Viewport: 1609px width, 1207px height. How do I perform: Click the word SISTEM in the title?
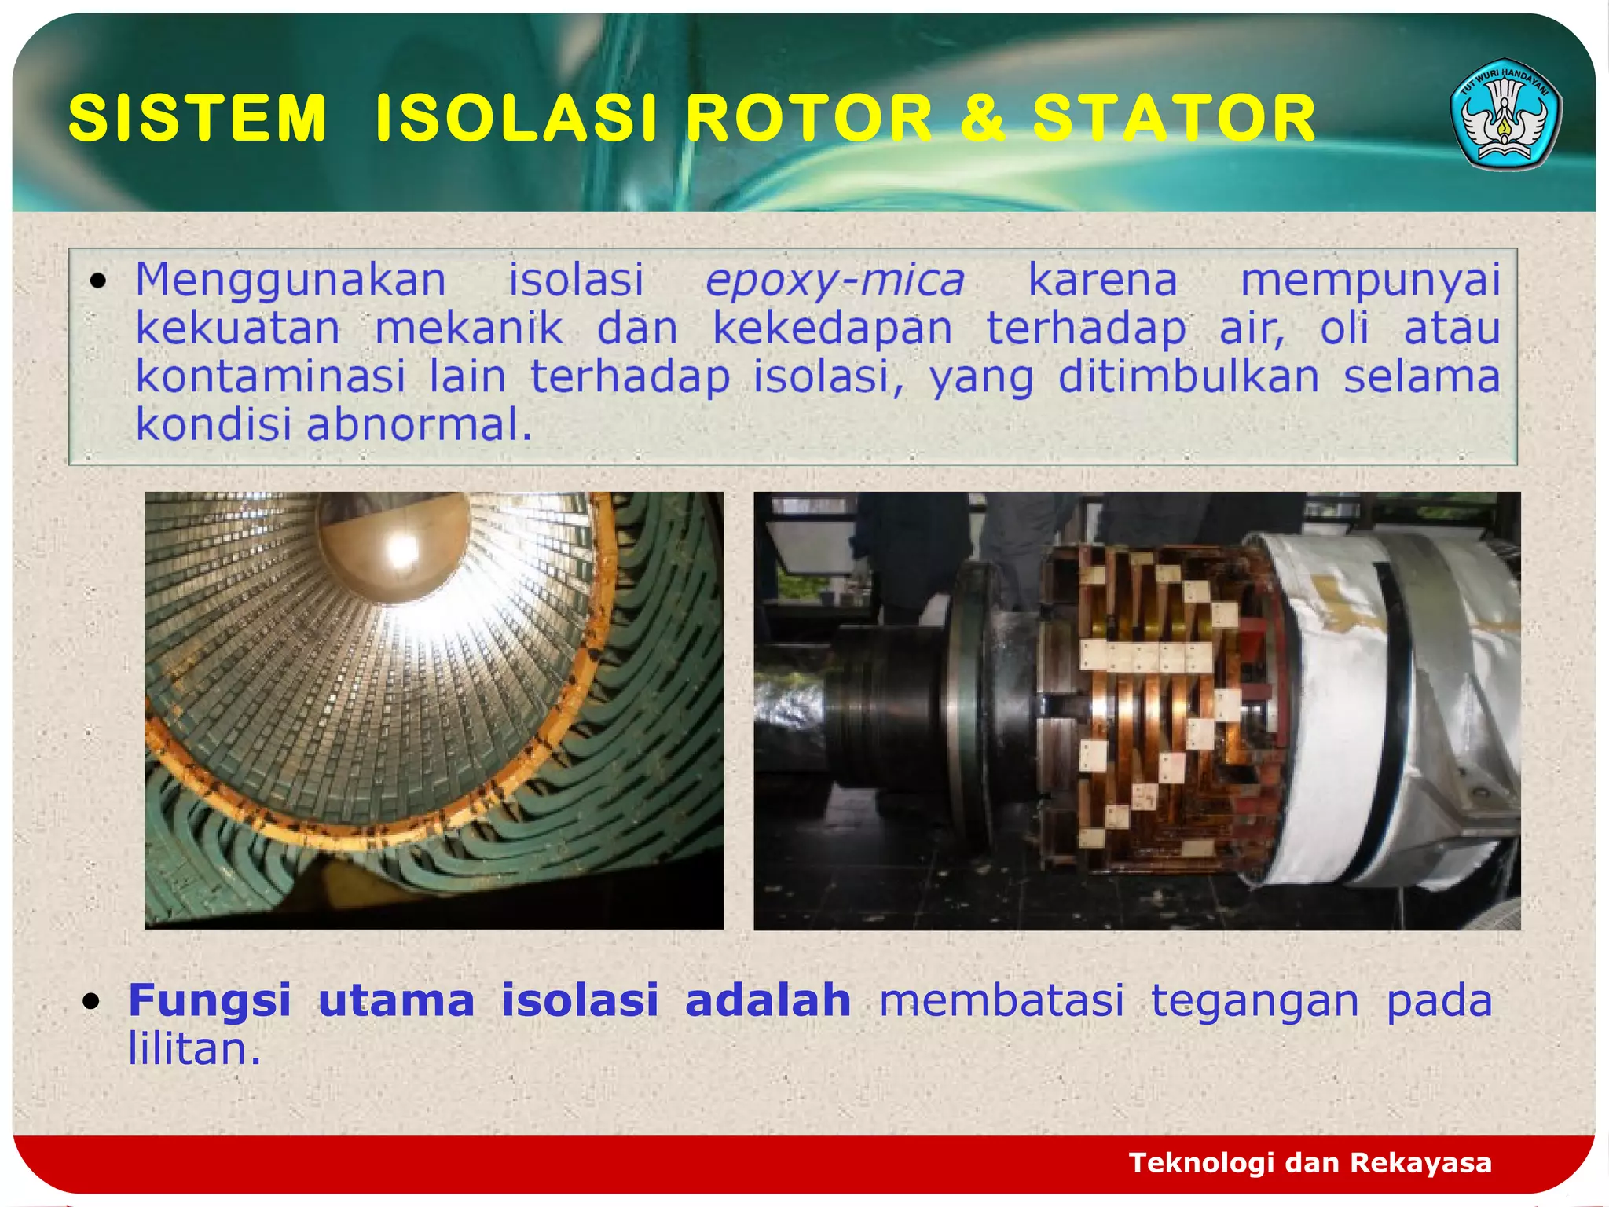click(197, 118)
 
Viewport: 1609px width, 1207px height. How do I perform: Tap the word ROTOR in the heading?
click(809, 118)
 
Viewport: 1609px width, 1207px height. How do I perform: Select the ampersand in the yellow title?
click(983, 118)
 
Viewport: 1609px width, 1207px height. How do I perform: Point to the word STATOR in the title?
click(1174, 118)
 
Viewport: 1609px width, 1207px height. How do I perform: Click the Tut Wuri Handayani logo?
click(1505, 115)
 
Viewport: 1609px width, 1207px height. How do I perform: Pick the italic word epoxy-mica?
click(834, 281)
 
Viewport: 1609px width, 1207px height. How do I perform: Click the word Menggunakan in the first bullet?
click(291, 281)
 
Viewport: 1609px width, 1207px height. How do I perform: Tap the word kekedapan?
click(832, 328)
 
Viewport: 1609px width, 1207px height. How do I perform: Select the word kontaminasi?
click(270, 376)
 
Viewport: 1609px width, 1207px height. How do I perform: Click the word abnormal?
click(418, 424)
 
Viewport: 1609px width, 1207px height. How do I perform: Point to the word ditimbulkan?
click(1188, 376)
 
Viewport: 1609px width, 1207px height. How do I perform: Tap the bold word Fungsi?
click(210, 1000)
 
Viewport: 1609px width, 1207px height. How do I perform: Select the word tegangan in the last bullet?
click(1255, 1000)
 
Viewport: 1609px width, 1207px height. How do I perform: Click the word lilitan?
click(193, 1049)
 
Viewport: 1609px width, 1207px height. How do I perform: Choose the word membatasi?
click(1002, 1000)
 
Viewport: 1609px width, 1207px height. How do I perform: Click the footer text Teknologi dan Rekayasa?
click(1310, 1162)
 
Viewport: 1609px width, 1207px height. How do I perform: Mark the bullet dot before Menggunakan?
click(97, 281)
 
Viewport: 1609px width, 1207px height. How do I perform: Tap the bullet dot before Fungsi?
click(92, 1001)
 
